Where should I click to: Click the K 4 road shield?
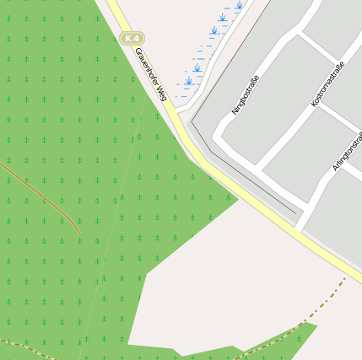tap(132, 38)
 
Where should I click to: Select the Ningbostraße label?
tap(245, 94)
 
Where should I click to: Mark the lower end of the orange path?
tap(79, 232)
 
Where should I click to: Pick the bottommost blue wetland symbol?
tap(188, 82)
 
